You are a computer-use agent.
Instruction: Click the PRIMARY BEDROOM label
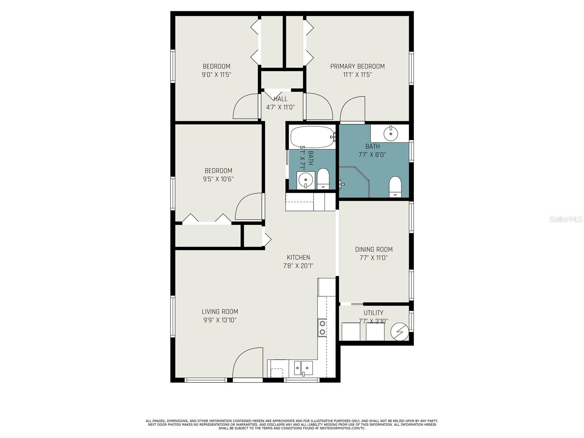[x=357, y=66]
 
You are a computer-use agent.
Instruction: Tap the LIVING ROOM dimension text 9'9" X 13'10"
[x=220, y=320]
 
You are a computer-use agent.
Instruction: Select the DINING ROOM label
[x=374, y=249]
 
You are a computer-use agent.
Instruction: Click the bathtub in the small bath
[x=312, y=137]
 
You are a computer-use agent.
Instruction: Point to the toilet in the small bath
[x=323, y=178]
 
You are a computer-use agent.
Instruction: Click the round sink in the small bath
[x=305, y=180]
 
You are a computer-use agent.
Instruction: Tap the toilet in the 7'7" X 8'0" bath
[x=395, y=186]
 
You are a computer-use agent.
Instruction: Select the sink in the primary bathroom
[x=391, y=133]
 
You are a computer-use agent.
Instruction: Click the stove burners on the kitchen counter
[x=322, y=327]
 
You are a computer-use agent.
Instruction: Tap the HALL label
[x=280, y=99]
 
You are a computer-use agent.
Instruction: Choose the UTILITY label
[x=373, y=313]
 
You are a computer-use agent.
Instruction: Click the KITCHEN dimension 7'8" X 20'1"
[x=298, y=266]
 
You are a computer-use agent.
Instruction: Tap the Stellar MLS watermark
[x=566, y=219]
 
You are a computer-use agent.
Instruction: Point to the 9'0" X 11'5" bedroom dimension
[x=216, y=75]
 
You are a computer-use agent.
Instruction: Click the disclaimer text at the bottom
[x=292, y=424]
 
